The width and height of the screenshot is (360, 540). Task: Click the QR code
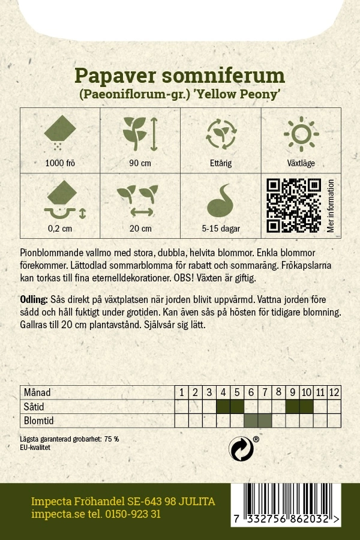(293, 205)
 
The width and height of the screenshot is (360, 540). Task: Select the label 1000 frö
(59, 163)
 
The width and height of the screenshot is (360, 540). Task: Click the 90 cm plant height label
(140, 163)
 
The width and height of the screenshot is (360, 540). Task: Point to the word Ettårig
(220, 163)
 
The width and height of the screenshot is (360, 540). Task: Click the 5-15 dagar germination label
(220, 228)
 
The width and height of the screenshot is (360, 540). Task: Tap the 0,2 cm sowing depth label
(59, 228)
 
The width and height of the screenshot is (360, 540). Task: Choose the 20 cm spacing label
(140, 228)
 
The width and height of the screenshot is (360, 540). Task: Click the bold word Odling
(34, 299)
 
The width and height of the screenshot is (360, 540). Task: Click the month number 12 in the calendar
(334, 392)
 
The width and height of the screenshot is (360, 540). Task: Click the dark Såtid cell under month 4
(223, 406)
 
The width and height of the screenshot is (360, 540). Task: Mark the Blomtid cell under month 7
(265, 420)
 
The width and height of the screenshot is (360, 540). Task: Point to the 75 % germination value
(112, 439)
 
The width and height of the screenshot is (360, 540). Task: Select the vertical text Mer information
(331, 205)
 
